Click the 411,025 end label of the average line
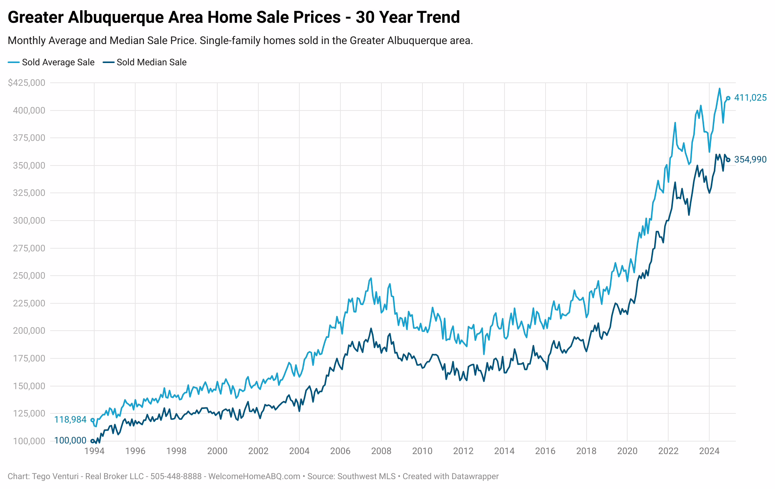pyautogui.click(x=750, y=98)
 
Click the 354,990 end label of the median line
pyautogui.click(x=750, y=160)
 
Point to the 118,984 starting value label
pyautogui.click(x=70, y=420)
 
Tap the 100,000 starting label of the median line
pyautogui.click(x=70, y=441)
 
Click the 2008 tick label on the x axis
pyautogui.click(x=381, y=451)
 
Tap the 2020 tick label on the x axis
pyautogui.click(x=627, y=451)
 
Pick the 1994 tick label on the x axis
pyautogui.click(x=94, y=451)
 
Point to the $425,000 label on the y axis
pyautogui.click(x=27, y=83)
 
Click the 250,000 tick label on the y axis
pyautogui.click(x=29, y=276)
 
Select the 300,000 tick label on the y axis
pyautogui.click(x=29, y=221)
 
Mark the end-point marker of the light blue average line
pyautogui.click(x=728, y=98)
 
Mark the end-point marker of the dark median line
pyautogui.click(x=728, y=160)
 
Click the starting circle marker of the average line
pyautogui.click(x=92, y=420)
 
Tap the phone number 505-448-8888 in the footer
pyautogui.click(x=176, y=476)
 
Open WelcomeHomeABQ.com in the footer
pyautogui.click(x=254, y=476)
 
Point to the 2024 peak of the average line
pyautogui.click(x=719, y=88)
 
